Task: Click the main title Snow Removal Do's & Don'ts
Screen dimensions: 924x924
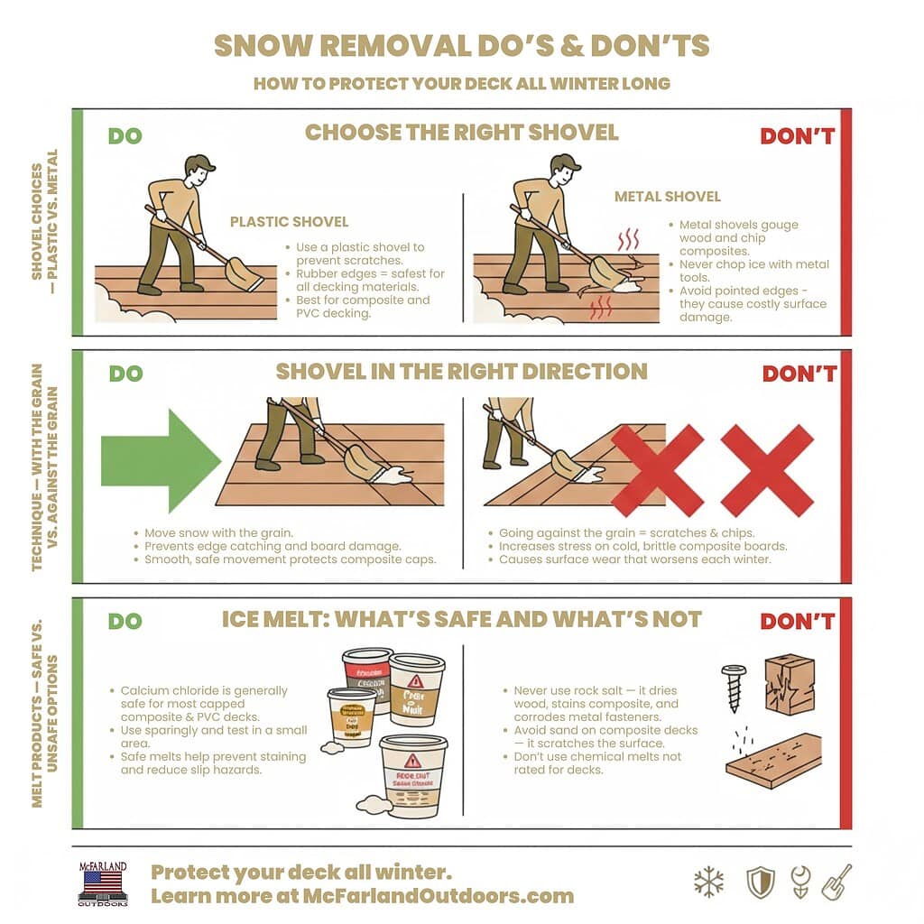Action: pos(461,46)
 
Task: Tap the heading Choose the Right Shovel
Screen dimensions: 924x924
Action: pos(461,133)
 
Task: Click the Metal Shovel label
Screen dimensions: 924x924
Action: pos(667,196)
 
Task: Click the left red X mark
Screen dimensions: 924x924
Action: pos(657,470)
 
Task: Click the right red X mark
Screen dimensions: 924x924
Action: pos(767,470)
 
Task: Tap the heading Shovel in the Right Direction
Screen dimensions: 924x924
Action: pos(461,372)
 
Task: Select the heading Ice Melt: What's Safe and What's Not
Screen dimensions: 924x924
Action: pos(461,619)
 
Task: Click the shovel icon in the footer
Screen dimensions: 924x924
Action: pos(836,882)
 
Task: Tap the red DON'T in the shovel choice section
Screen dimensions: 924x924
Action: pos(798,137)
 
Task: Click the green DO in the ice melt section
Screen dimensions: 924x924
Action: pos(125,622)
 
